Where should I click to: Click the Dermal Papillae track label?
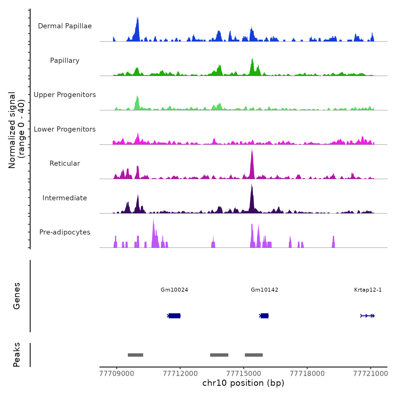65,26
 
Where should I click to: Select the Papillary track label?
65,61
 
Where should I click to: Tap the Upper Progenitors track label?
65,95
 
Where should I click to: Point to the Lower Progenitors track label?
65,129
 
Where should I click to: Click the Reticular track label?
65,163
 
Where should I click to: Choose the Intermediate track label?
65,198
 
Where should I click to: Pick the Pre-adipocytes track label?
65,232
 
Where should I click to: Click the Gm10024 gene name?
174,290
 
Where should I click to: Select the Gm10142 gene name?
264,290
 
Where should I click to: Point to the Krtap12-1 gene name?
368,290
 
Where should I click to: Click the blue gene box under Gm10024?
175,316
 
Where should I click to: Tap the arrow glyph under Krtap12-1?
367,316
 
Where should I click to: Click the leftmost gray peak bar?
135,355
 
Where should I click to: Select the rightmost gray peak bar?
254,355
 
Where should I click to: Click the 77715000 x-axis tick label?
244,374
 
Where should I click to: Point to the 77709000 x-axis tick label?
117,374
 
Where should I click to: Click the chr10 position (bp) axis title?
243,383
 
